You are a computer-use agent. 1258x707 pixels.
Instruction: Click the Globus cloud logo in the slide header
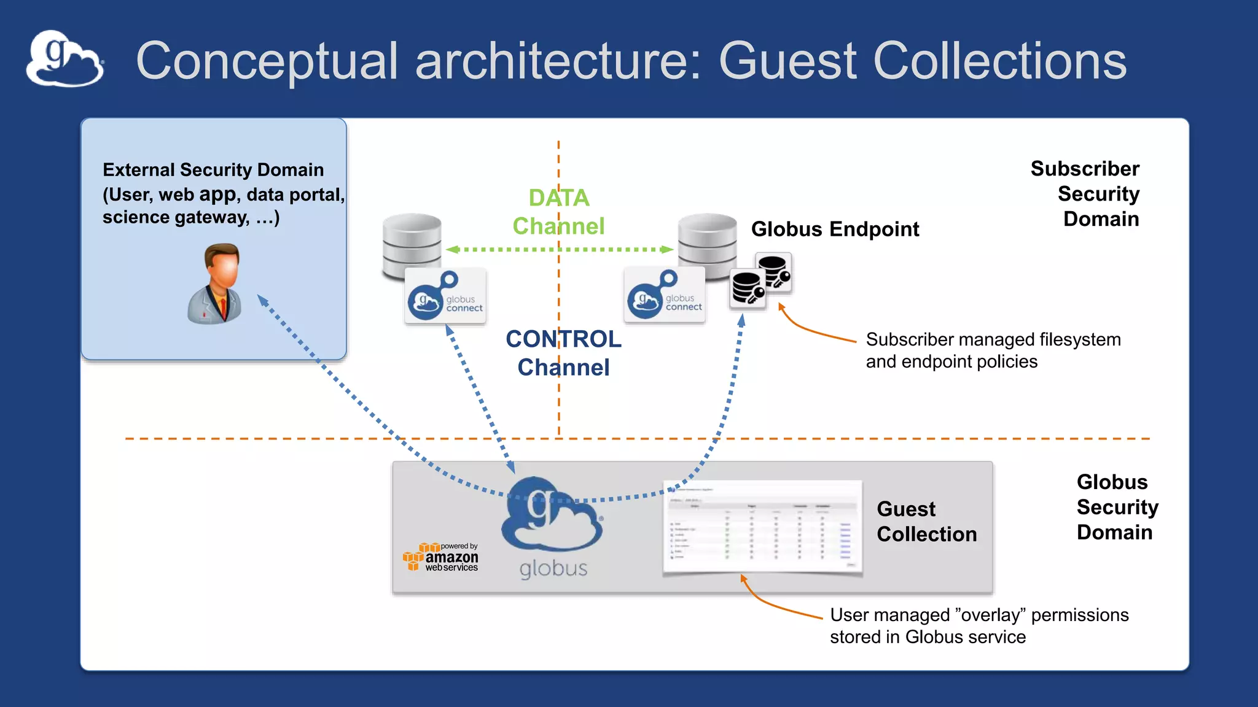(x=64, y=59)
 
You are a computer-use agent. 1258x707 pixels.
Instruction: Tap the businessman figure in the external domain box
(x=215, y=284)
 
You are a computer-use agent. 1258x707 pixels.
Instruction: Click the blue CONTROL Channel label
(x=563, y=353)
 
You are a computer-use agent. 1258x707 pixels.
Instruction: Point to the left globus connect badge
(x=445, y=296)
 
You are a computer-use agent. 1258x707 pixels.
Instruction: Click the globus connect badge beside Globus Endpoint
(x=665, y=295)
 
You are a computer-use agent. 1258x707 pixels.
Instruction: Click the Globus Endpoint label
(x=835, y=229)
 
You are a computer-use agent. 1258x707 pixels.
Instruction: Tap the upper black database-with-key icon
(x=773, y=271)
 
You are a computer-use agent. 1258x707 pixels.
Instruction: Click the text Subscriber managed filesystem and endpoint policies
(x=993, y=350)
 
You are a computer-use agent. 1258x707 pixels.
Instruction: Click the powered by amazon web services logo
(x=440, y=557)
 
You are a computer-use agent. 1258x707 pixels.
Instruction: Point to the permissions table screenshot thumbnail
(x=762, y=528)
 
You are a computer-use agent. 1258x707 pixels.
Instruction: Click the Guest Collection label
(x=926, y=521)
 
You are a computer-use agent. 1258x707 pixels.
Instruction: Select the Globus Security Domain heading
(x=1116, y=507)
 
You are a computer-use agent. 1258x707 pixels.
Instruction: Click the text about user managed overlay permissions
(x=979, y=625)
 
